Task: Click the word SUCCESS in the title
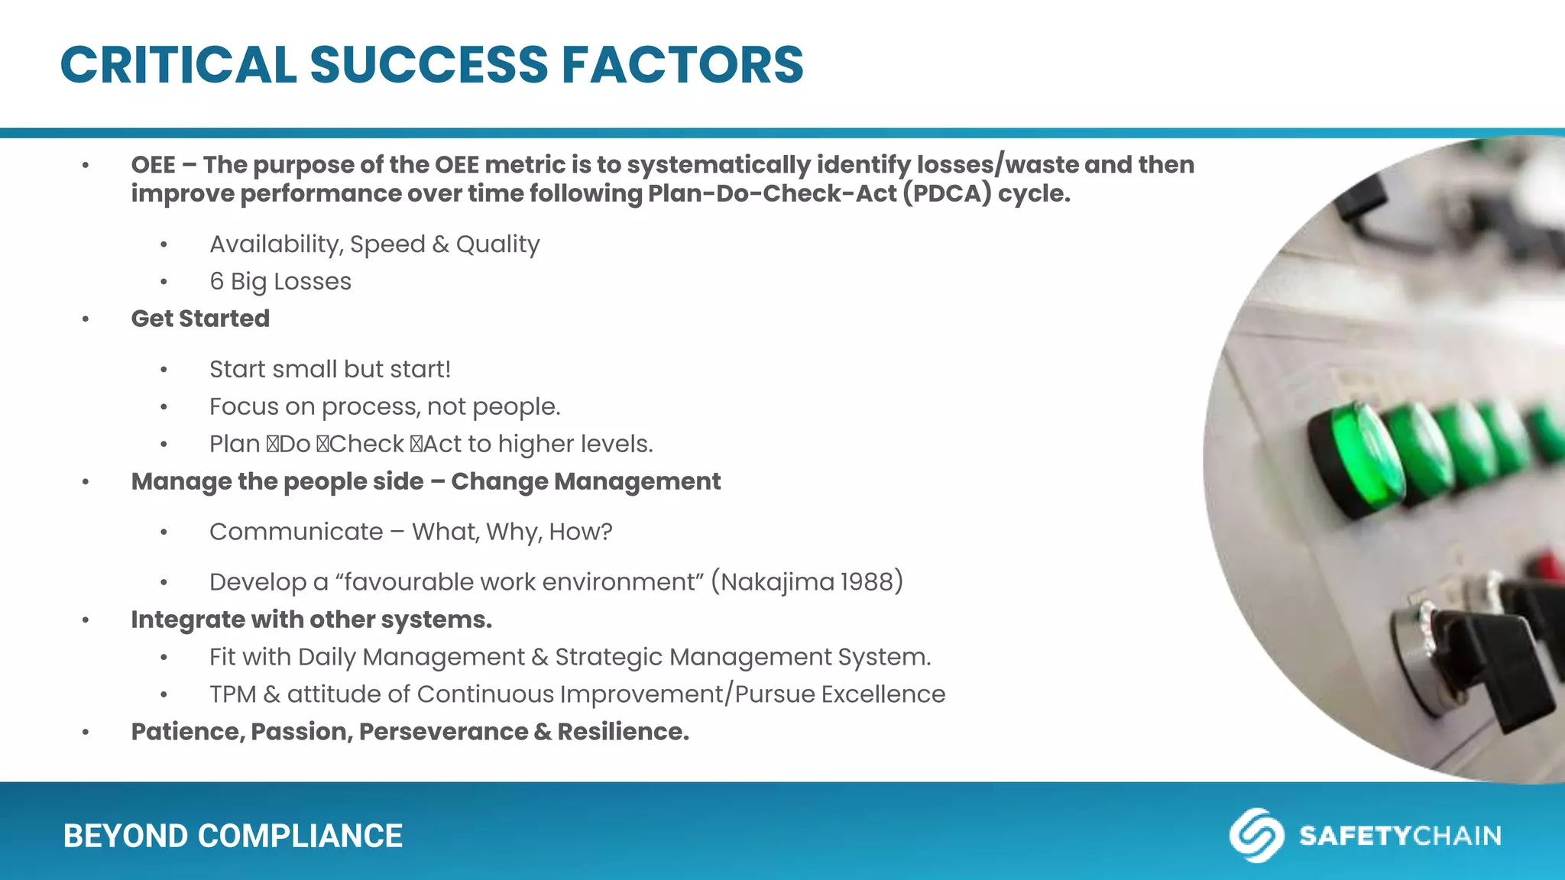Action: (x=428, y=65)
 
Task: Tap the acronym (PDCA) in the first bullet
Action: (x=947, y=193)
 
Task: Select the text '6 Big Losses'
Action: (x=280, y=282)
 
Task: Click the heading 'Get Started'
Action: (x=200, y=319)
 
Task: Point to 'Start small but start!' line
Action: (x=330, y=370)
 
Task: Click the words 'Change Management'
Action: (x=585, y=482)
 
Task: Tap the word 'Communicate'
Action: (x=296, y=532)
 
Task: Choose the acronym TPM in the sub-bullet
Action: (x=233, y=694)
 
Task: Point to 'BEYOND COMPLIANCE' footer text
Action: (x=233, y=836)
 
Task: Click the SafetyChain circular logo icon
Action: (x=1256, y=835)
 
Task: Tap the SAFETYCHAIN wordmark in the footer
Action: (x=1400, y=836)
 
